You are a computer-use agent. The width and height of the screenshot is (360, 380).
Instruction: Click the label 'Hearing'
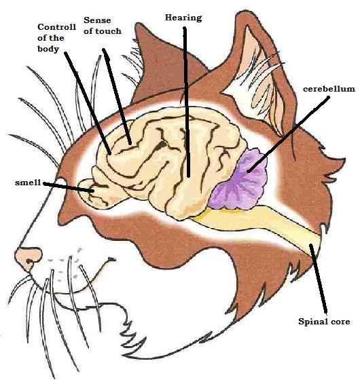point(183,18)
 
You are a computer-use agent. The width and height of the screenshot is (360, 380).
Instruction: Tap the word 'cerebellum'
point(329,89)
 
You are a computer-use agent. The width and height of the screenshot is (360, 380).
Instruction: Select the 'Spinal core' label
point(324,322)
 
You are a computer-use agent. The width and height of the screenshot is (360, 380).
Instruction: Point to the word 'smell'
point(28,183)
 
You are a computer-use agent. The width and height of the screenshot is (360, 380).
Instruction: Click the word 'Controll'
point(57,27)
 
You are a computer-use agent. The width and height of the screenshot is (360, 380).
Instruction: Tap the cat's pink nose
point(28,258)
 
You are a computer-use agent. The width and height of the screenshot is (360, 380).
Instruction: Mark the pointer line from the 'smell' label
point(69,187)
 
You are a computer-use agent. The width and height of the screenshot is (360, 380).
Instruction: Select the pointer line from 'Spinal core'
point(318,279)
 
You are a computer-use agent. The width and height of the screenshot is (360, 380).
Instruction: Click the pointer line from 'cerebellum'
point(288,134)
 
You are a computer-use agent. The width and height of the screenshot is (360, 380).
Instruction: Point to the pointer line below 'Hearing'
point(186,102)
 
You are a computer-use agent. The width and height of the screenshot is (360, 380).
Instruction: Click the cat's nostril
point(29,261)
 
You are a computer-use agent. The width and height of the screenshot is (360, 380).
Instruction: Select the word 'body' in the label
point(48,49)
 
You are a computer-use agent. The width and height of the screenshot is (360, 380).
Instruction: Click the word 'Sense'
point(97,20)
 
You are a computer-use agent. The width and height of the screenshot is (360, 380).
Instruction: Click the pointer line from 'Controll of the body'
point(88,103)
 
